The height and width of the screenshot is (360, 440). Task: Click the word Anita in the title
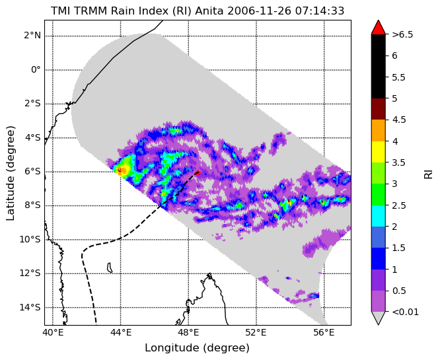(209, 11)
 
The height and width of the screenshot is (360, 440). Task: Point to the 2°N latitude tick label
(32, 36)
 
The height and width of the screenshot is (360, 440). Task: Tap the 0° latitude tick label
(36, 69)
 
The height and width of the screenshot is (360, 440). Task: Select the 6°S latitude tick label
(32, 172)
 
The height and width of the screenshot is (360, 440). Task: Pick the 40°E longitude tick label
(53, 333)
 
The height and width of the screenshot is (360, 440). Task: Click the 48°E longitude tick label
(188, 333)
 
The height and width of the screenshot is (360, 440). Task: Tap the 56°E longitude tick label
(324, 333)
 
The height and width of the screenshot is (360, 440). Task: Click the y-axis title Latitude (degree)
(11, 173)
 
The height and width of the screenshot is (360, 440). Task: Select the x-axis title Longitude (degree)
(198, 348)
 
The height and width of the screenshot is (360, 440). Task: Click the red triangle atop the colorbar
(379, 27)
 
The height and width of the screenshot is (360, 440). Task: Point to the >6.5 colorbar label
(402, 35)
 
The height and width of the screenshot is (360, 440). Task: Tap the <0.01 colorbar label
(405, 312)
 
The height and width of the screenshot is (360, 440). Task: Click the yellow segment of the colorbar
(379, 152)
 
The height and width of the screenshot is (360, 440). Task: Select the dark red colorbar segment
(379, 109)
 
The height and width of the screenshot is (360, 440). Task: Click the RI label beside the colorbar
(428, 173)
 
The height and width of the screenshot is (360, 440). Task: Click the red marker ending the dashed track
(198, 172)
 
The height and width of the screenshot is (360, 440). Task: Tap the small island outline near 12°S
(110, 268)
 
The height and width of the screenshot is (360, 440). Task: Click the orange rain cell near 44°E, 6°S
(122, 170)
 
